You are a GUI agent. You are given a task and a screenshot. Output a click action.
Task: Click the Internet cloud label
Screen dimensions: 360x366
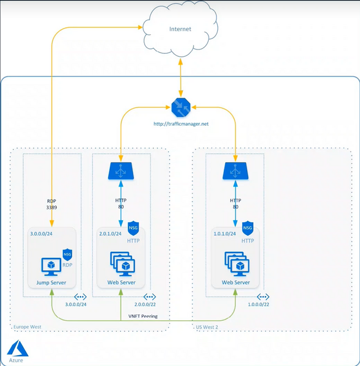tap(180, 29)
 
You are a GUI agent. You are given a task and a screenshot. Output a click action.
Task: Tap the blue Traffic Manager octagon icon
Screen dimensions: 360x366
tap(181, 107)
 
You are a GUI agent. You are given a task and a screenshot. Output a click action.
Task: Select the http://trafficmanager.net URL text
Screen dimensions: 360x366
tap(181, 124)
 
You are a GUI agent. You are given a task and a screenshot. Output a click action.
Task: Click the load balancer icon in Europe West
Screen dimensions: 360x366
tap(121, 171)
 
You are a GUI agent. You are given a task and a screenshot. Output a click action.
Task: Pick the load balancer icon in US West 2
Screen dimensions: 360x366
tap(236, 171)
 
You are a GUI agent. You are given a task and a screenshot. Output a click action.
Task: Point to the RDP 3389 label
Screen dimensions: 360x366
tap(52, 204)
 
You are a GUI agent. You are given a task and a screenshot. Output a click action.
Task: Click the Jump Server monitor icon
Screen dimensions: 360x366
tap(51, 267)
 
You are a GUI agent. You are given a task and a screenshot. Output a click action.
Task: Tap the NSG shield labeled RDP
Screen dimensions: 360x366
tap(68, 254)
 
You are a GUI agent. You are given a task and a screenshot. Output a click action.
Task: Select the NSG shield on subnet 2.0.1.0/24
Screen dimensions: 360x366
tap(133, 228)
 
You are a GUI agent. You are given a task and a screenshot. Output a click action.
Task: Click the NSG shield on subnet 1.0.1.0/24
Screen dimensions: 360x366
tap(248, 228)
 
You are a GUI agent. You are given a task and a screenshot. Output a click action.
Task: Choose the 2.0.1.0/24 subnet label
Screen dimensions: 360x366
tap(110, 234)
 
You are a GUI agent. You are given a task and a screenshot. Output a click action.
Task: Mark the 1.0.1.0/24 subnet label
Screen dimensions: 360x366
tap(225, 234)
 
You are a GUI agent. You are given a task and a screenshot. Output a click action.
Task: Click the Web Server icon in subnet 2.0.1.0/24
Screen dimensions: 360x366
tap(123, 264)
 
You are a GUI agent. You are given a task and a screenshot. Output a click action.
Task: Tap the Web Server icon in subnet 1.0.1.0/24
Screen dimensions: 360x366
tap(237, 264)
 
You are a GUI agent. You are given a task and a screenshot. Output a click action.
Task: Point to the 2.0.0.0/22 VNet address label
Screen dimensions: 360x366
tap(145, 304)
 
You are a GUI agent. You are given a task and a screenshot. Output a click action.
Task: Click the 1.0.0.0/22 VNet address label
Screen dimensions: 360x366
tap(259, 304)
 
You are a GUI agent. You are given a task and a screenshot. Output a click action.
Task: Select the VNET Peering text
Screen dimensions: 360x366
tap(143, 316)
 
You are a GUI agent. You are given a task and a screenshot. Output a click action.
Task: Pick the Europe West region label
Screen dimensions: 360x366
tap(27, 327)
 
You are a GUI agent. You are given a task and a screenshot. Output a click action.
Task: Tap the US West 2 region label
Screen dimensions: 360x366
tap(207, 327)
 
